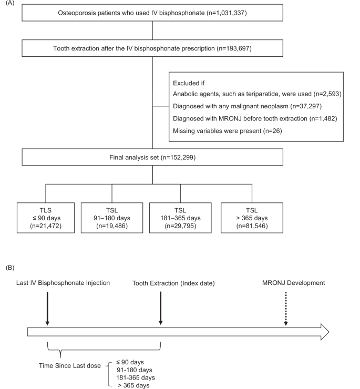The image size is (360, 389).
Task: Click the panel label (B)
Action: tap(11, 267)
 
